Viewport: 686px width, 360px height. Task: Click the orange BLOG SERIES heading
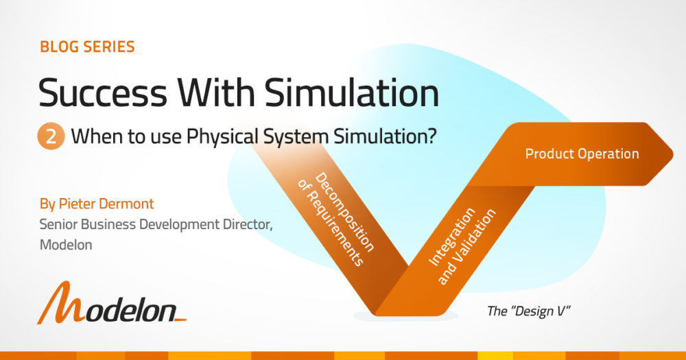[x=87, y=47]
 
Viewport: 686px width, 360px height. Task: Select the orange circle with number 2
[x=51, y=136]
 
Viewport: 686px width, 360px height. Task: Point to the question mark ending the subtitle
[x=432, y=136]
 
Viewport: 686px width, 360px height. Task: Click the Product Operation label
[x=582, y=154]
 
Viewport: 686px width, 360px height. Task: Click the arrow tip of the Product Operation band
[x=669, y=154]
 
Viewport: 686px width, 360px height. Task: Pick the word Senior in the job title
[x=59, y=224]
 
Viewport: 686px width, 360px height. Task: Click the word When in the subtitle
[x=91, y=136]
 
